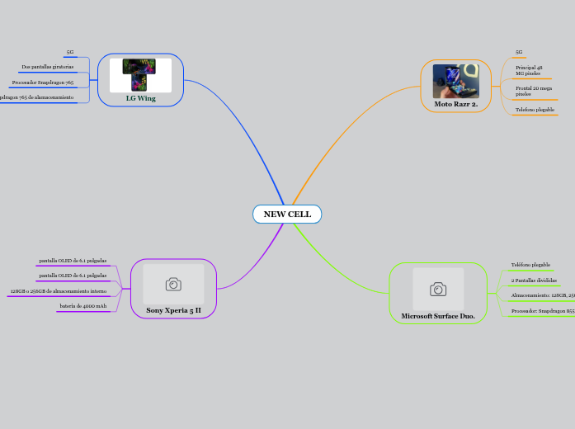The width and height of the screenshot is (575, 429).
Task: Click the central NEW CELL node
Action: pos(287,214)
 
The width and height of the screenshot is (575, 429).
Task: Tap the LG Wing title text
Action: pos(140,98)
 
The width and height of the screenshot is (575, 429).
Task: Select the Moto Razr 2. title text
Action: pos(455,104)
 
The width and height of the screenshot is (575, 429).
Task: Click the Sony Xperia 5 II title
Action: pos(173,310)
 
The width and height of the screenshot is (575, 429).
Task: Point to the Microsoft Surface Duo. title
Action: pos(438,316)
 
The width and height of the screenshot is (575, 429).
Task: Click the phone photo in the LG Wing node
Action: pos(139,75)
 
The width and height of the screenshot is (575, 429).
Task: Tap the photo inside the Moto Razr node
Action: pos(455,81)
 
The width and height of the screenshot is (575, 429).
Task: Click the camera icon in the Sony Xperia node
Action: pos(173,285)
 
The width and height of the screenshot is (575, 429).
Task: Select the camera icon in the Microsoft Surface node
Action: pos(438,289)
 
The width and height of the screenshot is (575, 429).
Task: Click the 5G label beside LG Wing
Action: pos(70,52)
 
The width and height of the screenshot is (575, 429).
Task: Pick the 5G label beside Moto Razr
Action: pos(519,52)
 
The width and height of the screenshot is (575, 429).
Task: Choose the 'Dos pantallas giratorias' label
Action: pos(48,67)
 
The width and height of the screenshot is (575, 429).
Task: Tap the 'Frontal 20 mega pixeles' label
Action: pos(534,91)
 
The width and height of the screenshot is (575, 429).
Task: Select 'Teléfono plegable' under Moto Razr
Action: pos(535,110)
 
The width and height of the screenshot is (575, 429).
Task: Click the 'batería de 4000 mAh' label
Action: pos(83,306)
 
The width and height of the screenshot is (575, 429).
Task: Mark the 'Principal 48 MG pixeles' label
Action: pos(529,70)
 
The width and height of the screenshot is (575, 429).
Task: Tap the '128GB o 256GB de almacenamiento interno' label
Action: pos(58,291)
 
